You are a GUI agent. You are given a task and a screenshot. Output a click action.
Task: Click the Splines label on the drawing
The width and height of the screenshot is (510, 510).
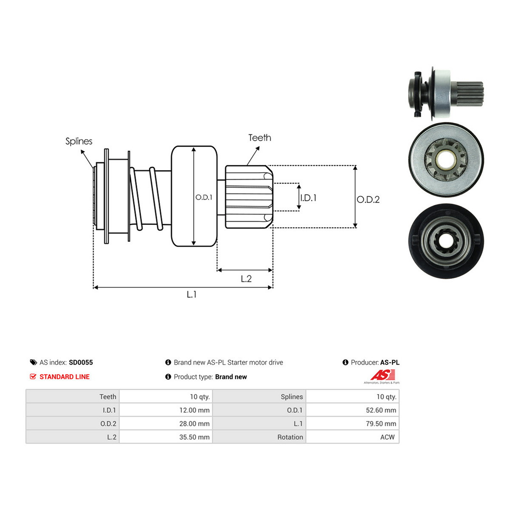79,142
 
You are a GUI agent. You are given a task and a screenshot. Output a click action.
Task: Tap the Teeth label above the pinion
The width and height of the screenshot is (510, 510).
259,138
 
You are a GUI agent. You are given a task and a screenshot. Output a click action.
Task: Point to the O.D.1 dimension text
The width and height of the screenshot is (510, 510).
204,197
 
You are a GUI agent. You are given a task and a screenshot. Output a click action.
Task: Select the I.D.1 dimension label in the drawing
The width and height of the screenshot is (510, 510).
308,198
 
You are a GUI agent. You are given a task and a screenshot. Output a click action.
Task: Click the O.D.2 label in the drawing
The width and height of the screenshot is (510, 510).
368,200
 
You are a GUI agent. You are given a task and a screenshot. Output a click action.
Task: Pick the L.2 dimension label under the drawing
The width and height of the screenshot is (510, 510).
246,279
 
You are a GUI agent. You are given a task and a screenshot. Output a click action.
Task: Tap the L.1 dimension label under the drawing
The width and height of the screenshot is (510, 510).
191,294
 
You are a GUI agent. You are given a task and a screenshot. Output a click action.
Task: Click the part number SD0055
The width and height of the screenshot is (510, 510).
81,363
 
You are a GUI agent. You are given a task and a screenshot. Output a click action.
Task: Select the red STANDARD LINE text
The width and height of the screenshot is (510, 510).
64,377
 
